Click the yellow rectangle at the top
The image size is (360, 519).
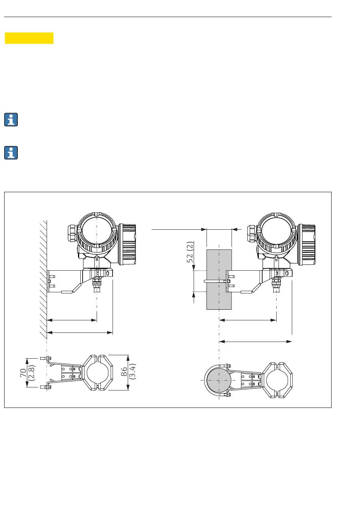pos(29,38)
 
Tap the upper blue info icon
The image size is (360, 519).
pos(11,119)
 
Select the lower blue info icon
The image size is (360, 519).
pos(11,153)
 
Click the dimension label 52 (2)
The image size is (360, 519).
pos(190,252)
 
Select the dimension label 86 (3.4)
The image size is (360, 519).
pos(128,372)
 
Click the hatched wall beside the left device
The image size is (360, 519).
pos(43,279)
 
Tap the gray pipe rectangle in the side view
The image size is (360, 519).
pos(219,279)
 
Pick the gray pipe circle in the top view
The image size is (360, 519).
pos(219,381)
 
